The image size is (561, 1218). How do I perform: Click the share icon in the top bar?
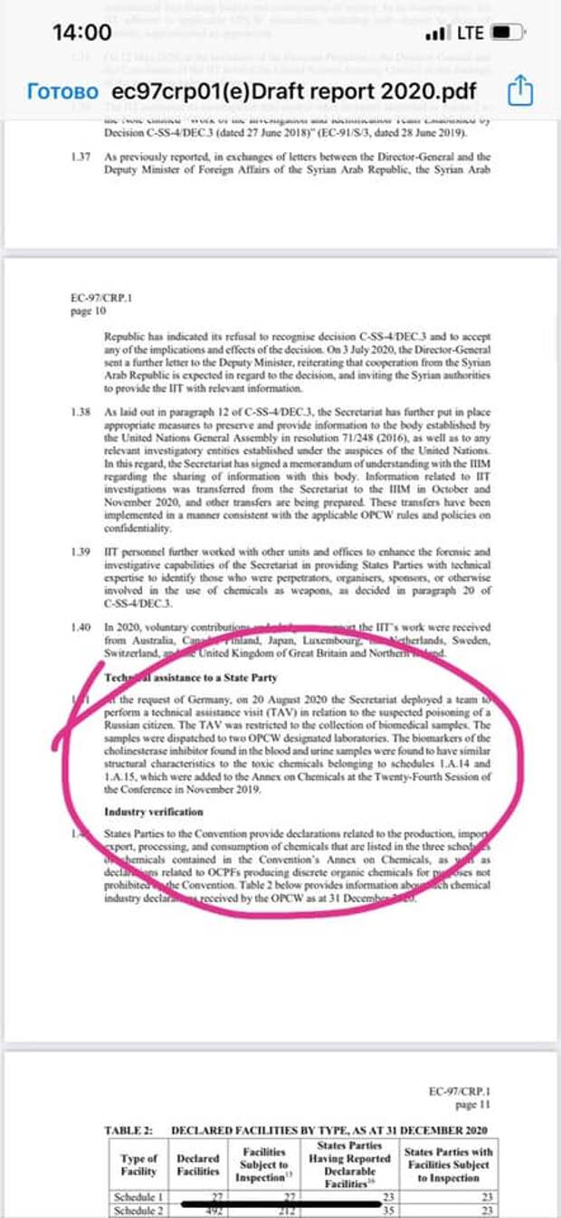tap(522, 91)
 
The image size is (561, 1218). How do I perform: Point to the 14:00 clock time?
tap(82, 33)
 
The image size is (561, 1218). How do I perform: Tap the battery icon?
tap(509, 34)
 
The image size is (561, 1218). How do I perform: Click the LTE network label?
tap(471, 34)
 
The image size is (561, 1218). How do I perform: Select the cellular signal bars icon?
tap(436, 34)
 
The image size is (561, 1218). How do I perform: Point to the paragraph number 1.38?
tap(81, 412)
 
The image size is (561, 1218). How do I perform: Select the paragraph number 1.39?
tap(81, 551)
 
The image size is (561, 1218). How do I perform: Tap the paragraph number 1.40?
tap(81, 626)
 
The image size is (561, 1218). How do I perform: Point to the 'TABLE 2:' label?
tap(126, 1130)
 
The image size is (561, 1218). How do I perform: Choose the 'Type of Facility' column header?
tap(138, 1165)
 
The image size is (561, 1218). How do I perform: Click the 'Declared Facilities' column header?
tap(197, 1165)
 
